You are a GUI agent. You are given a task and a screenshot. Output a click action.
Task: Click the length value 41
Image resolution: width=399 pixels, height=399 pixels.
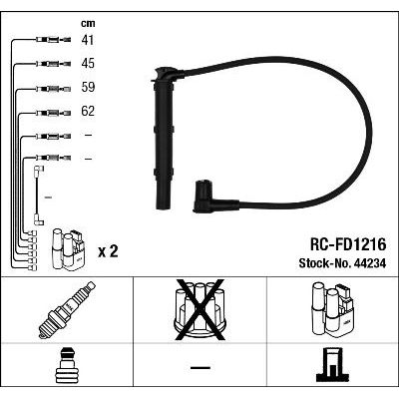coord(88,40)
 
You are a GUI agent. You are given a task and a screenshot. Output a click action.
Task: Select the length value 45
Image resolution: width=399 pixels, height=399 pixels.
coord(88,63)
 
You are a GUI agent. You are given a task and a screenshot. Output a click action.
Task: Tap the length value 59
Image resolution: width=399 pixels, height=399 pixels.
coord(88,87)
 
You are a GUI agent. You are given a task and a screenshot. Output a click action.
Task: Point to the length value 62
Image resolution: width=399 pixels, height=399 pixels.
coord(88,111)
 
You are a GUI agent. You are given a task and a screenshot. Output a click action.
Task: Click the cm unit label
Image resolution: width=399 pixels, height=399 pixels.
coord(88,24)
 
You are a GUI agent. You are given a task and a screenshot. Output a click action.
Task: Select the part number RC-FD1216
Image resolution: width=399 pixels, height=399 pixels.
coord(348,244)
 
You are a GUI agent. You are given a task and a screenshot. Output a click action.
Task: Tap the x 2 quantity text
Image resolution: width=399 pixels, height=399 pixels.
coord(108,251)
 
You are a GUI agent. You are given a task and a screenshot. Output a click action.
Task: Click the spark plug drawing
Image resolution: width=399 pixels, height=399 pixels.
coord(67,310)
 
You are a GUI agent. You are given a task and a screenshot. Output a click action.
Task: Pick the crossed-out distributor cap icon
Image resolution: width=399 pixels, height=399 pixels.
coord(199,309)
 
